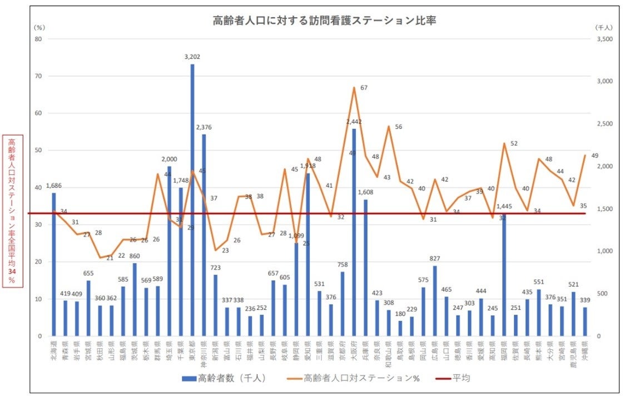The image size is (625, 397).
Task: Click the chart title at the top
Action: (x=324, y=21)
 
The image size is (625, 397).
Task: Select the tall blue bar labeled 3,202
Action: (x=192, y=200)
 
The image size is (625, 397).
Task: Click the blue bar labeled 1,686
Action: (x=54, y=264)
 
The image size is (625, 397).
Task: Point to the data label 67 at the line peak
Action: (x=364, y=88)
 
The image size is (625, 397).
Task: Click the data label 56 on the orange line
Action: (x=398, y=127)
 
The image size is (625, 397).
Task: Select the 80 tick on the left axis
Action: (x=38, y=39)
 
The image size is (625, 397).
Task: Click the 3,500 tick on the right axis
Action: (x=603, y=39)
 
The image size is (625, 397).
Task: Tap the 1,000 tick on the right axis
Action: (x=603, y=251)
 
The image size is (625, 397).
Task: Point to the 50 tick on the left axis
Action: (x=38, y=150)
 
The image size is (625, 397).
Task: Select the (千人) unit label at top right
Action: (x=603, y=27)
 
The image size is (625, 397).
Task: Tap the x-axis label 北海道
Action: (x=54, y=351)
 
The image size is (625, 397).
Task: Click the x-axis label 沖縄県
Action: (x=585, y=351)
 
